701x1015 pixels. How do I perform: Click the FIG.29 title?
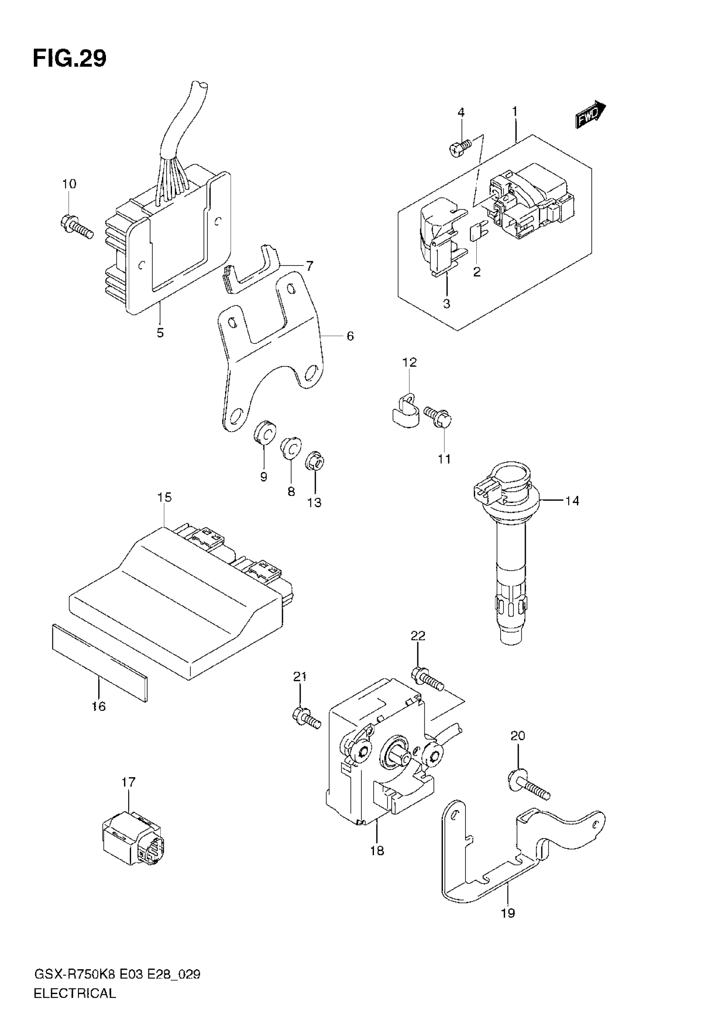point(69,59)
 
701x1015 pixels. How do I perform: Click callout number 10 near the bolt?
point(69,184)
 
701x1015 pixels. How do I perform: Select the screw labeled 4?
point(460,147)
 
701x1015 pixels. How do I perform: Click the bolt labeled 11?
point(438,417)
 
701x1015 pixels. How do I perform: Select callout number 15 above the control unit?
point(165,498)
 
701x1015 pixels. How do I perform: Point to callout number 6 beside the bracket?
point(350,336)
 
